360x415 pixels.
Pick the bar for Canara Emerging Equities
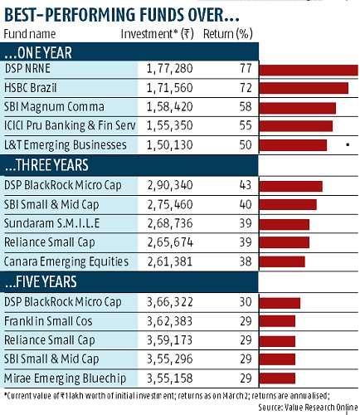coord(282,262)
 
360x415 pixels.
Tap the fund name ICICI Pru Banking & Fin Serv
coord(70,125)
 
